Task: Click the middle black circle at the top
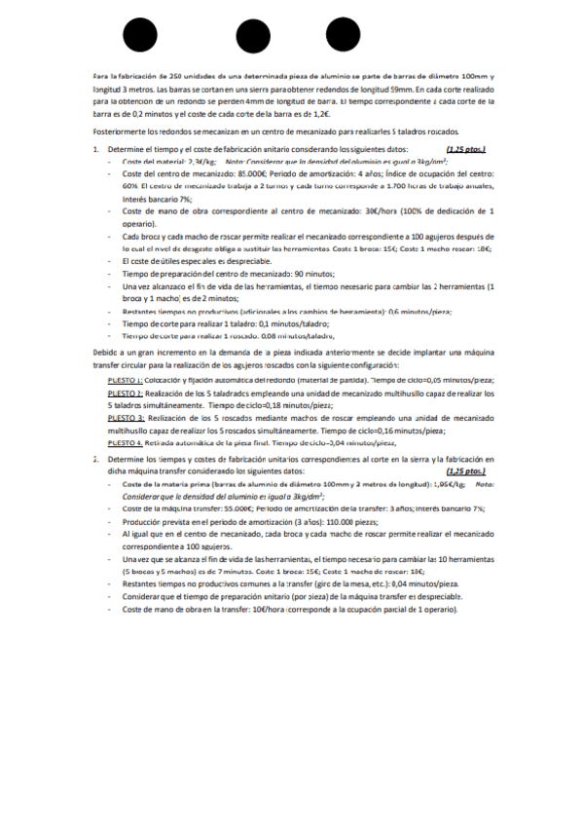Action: click(x=252, y=35)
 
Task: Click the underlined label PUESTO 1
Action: click(x=126, y=379)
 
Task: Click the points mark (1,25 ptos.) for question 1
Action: click(x=465, y=149)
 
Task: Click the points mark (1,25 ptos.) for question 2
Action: click(x=465, y=469)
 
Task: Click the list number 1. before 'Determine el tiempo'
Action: click(x=95, y=149)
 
